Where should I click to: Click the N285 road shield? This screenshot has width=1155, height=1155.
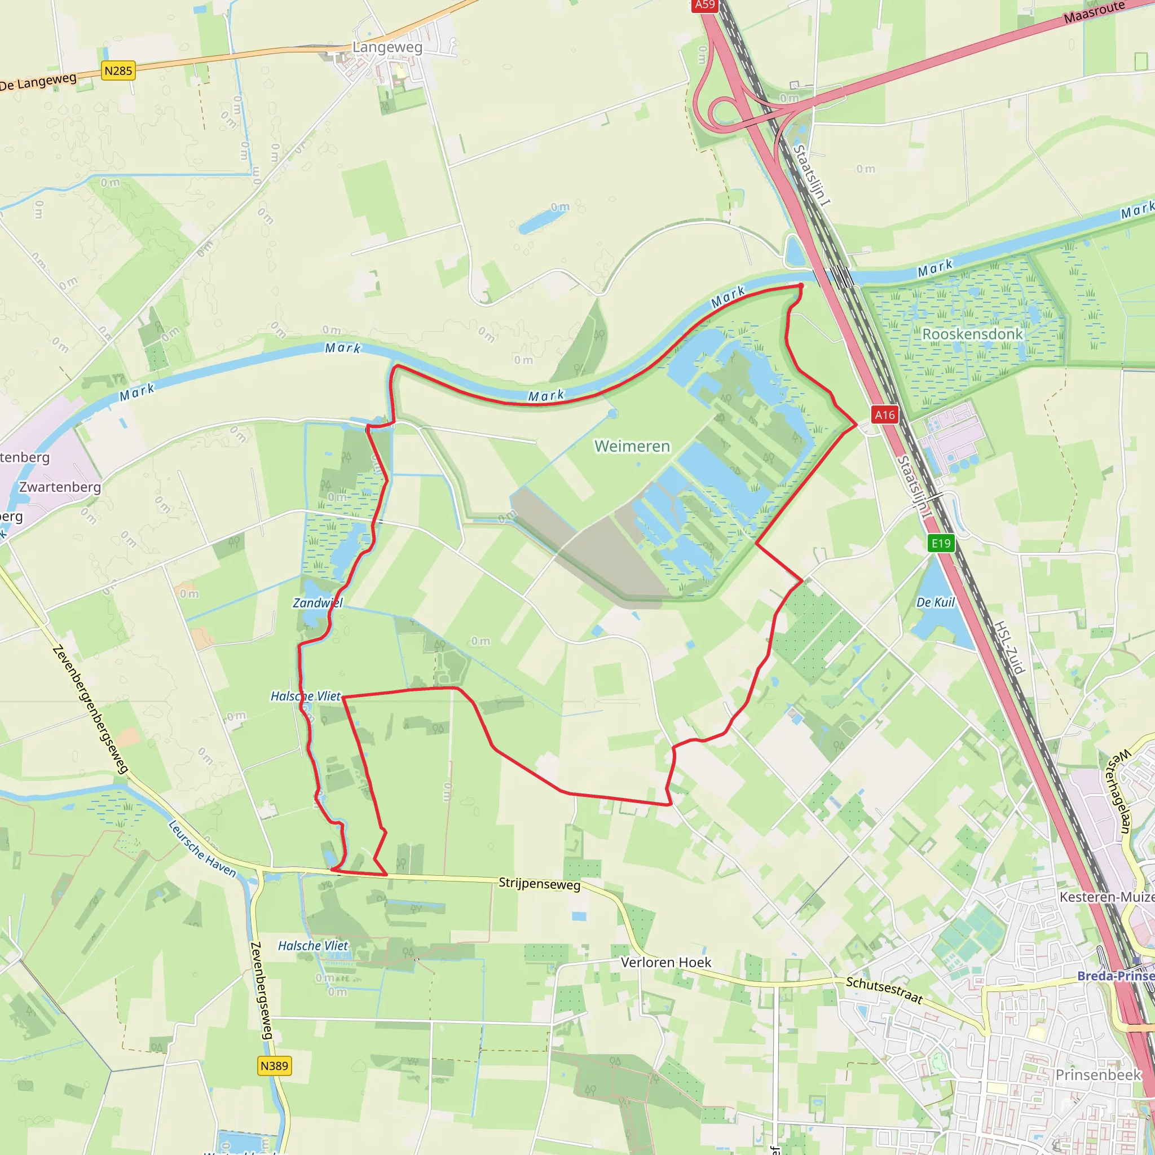click(118, 71)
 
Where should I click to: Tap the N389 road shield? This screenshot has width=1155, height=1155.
click(275, 1066)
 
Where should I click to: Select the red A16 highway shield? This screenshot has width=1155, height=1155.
click(885, 415)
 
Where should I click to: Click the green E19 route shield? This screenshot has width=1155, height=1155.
click(941, 544)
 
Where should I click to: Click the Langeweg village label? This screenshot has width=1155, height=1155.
click(387, 47)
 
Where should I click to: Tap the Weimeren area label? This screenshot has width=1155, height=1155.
click(632, 447)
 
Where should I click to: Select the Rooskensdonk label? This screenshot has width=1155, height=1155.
click(972, 334)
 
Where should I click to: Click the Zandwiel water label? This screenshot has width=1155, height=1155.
click(318, 603)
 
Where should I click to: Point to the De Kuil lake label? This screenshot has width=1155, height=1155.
click(936, 602)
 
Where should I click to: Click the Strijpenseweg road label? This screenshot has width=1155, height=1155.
click(539, 884)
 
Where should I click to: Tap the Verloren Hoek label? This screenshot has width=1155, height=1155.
click(665, 963)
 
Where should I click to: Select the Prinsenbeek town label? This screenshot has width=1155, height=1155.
click(1098, 1075)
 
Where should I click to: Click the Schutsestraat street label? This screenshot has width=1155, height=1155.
click(884, 990)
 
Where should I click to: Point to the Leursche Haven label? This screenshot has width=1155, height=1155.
click(202, 849)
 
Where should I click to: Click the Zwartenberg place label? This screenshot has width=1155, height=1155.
click(60, 487)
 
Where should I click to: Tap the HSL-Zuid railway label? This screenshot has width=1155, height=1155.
click(1009, 647)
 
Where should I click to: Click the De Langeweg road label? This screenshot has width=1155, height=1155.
click(38, 82)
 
